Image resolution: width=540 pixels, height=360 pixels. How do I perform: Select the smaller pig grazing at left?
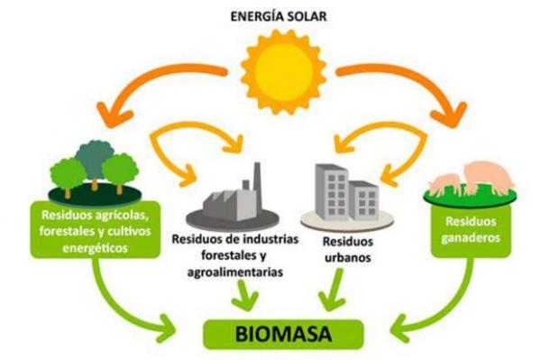pos(442,184)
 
